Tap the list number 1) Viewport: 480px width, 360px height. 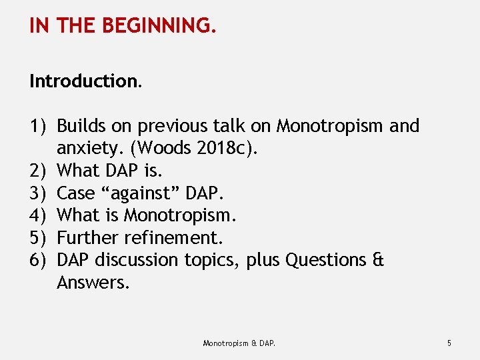[x=38, y=126]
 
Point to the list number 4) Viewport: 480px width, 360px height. [x=38, y=215]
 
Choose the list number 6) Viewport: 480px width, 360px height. [x=38, y=260]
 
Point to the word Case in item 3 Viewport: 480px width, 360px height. [x=75, y=193]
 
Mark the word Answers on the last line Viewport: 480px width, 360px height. [x=91, y=283]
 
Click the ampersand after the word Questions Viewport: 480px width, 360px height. [x=378, y=260]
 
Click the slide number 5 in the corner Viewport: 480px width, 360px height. [x=449, y=343]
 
